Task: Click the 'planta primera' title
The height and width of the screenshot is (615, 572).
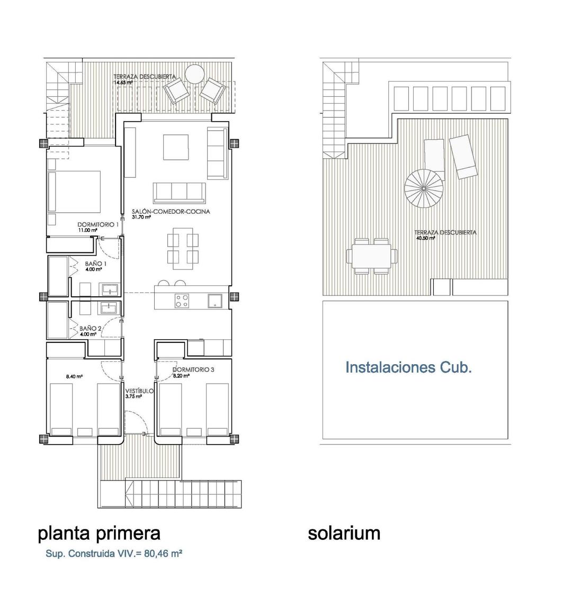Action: point(99,533)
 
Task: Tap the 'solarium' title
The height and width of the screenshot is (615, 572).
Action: point(344,533)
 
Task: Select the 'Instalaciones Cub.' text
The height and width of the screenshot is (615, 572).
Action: point(408,367)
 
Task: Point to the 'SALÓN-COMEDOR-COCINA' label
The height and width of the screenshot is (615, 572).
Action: point(171,211)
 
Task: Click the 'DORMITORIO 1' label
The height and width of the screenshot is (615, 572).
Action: point(98,225)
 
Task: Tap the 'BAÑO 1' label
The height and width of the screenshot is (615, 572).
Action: point(96,263)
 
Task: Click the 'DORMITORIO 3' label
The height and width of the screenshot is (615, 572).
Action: point(193,369)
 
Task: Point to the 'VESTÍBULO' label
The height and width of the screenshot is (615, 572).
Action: point(139,391)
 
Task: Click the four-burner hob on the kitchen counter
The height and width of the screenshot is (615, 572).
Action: point(182,301)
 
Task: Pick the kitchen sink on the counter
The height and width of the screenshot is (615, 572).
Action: point(215,301)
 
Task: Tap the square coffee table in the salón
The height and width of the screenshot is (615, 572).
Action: point(176,147)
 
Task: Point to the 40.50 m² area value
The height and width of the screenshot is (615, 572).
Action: point(425,238)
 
